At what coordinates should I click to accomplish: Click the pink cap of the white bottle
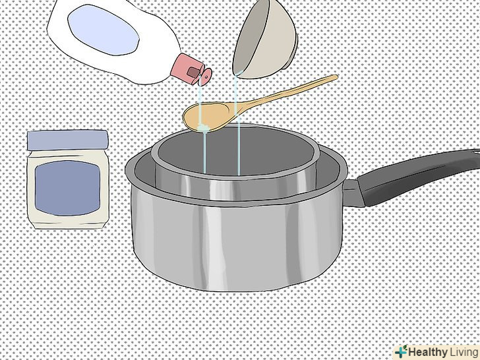[187, 69]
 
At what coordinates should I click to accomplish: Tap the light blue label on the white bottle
[104, 30]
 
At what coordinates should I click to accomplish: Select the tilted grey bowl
[265, 38]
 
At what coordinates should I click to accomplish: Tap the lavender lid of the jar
[68, 140]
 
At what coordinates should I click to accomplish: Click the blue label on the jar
[67, 188]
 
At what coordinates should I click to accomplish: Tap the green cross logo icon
[401, 351]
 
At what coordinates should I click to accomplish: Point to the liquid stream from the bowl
[237, 123]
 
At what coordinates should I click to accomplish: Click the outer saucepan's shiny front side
[236, 245]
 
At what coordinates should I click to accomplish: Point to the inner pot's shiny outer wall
[236, 187]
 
